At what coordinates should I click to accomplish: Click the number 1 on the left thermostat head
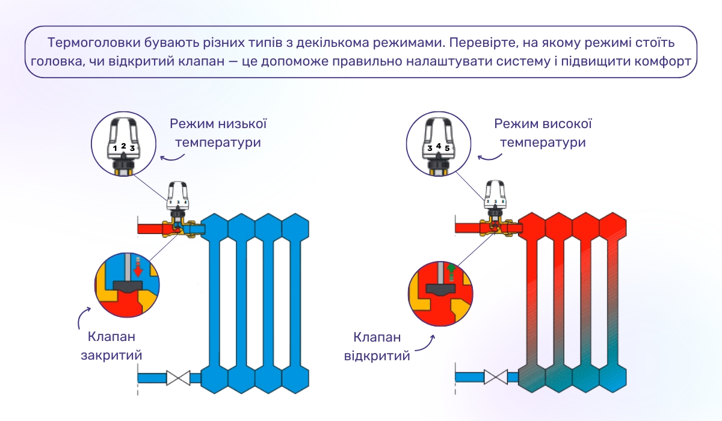click(115, 148)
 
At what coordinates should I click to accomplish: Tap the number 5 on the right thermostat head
click(447, 147)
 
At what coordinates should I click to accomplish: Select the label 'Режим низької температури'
click(218, 134)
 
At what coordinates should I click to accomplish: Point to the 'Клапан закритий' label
click(111, 345)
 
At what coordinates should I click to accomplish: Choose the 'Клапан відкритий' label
click(377, 346)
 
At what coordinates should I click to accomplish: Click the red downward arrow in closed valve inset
click(138, 268)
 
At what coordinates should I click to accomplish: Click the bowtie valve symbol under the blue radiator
click(179, 378)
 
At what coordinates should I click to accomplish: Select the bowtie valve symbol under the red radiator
click(496, 378)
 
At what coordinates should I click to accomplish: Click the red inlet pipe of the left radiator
click(150, 229)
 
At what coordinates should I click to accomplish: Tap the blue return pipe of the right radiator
click(469, 378)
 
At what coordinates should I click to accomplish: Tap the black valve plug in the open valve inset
click(441, 288)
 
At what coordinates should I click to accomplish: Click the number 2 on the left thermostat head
click(123, 146)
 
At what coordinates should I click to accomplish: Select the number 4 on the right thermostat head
click(439, 146)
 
